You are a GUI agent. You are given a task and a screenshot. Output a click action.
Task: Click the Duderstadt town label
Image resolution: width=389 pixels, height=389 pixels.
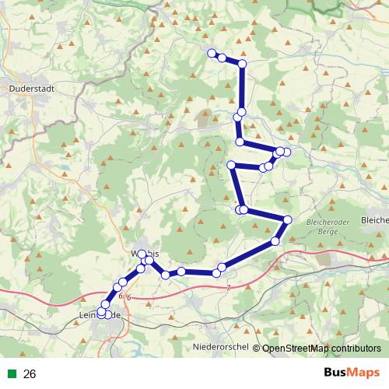pyautogui.click(x=30, y=89)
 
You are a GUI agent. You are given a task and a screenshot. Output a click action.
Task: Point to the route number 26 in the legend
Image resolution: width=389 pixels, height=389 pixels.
pyautogui.click(x=30, y=374)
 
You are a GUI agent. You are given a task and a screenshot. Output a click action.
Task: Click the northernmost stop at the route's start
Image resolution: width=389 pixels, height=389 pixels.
pyautogui.click(x=211, y=53)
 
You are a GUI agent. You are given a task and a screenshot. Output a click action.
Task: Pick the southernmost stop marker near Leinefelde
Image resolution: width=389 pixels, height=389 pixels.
pyautogui.click(x=102, y=314)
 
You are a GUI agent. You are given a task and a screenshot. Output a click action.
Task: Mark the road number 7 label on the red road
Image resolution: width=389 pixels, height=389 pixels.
pyautogui.click(x=230, y=289)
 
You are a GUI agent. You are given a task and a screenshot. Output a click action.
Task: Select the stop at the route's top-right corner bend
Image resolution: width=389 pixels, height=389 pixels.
pyautogui.click(x=242, y=63)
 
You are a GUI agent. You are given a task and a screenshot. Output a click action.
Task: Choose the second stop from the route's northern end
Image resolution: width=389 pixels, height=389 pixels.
pyautogui.click(x=222, y=58)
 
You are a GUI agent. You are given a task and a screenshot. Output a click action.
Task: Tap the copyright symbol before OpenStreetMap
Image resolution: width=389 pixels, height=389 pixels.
pyautogui.click(x=256, y=348)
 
